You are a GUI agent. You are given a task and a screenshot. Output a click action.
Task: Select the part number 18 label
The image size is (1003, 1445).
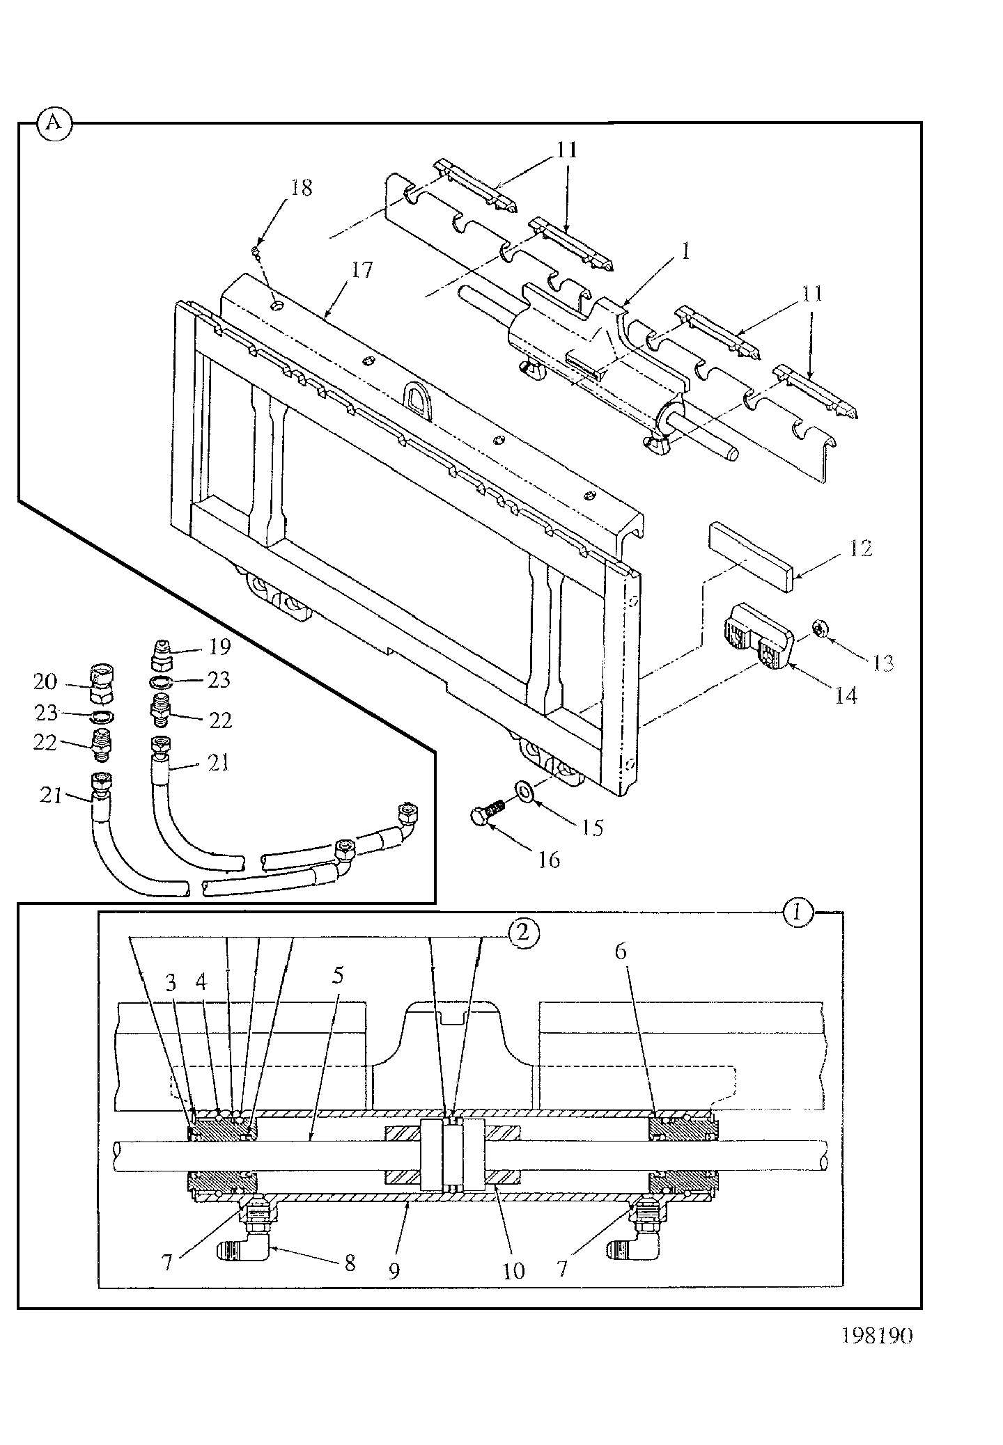301,188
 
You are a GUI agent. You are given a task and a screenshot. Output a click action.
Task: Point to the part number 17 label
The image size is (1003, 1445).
362,270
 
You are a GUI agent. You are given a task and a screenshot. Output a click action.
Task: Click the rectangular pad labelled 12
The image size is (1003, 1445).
749,557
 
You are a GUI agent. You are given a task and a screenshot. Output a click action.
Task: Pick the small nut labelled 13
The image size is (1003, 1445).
819,629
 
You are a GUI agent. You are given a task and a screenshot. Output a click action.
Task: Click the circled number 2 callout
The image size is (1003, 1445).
524,933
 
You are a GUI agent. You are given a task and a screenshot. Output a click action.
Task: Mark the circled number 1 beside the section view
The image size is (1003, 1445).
799,913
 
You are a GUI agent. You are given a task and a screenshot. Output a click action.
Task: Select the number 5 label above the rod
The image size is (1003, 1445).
338,975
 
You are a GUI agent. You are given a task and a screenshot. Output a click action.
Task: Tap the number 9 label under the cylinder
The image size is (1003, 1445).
394,1270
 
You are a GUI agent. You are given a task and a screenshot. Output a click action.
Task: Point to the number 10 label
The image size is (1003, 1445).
513,1270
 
